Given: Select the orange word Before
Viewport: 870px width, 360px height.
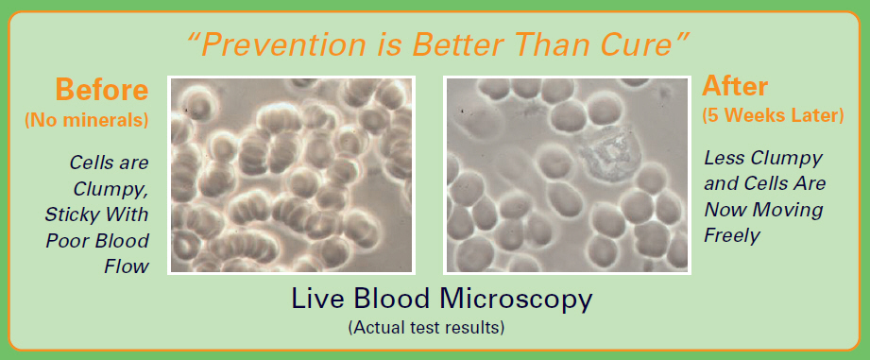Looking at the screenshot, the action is pyautogui.click(x=101, y=90).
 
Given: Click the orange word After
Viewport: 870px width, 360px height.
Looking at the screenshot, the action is pyautogui.click(x=735, y=87).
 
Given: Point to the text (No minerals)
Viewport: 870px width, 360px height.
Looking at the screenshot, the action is pyautogui.click(x=87, y=120).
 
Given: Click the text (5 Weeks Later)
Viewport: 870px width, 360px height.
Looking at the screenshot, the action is pyautogui.click(x=773, y=116).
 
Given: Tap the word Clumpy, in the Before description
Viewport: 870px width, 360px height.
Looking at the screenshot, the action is pyautogui.click(x=111, y=189).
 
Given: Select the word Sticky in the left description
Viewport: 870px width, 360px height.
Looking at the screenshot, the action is pyautogui.click(x=73, y=214).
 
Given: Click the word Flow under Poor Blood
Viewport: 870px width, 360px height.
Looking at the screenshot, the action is pyautogui.click(x=127, y=266).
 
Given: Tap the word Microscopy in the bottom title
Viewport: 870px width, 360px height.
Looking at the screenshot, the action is pyautogui.click(x=516, y=300).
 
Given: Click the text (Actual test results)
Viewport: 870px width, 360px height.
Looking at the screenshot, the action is pyautogui.click(x=426, y=328).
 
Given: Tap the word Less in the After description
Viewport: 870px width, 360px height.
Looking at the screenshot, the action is pyautogui.click(x=725, y=158).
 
